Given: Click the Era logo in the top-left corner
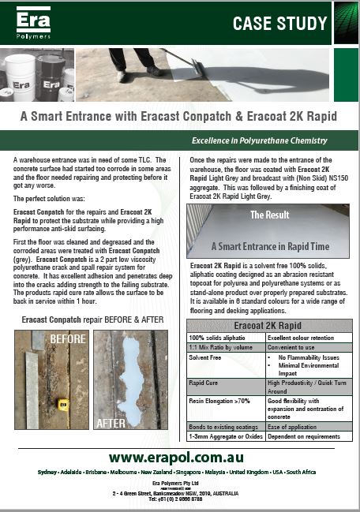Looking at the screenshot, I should [x=31, y=22].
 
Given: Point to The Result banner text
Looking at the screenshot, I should [x=268, y=214].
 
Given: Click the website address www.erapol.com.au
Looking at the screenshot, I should [x=175, y=457].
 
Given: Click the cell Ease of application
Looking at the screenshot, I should [x=291, y=428].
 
